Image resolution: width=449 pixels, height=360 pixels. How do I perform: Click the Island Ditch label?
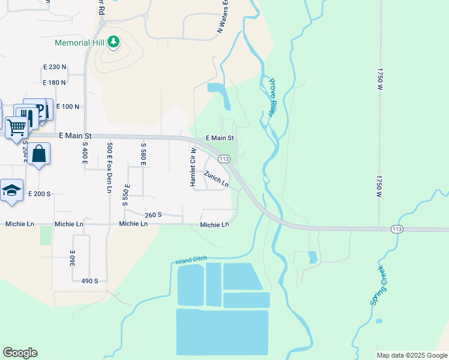click(x=190, y=260)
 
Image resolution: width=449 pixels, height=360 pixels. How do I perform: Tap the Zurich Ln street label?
click(x=216, y=179)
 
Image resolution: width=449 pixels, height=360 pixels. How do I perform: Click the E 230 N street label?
click(x=54, y=67)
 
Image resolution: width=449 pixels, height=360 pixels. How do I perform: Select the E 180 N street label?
click(x=54, y=82)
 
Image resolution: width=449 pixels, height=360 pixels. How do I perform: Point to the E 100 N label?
click(x=68, y=106)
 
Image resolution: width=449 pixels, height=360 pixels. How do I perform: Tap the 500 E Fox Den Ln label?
click(x=109, y=167)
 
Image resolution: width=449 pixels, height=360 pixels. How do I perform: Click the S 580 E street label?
click(x=143, y=154)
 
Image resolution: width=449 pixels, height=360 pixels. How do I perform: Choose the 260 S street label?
click(x=154, y=214)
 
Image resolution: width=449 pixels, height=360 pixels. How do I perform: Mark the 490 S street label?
click(x=89, y=280)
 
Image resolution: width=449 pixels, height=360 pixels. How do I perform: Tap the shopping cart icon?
click(x=16, y=127)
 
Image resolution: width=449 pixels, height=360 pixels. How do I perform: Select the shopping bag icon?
click(x=38, y=154)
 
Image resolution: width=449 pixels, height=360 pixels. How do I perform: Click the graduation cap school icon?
click(x=11, y=190)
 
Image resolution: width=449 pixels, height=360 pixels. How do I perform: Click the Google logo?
click(x=20, y=353)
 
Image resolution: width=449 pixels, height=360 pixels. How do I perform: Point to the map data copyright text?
click(x=411, y=355)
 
